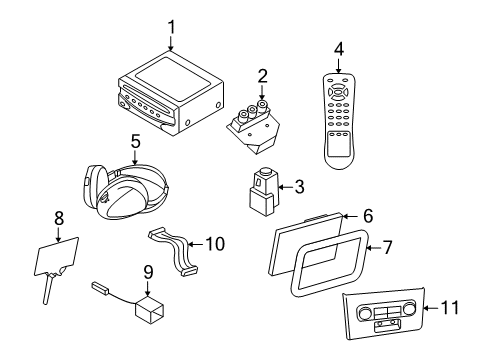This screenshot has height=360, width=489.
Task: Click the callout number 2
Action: point(262,75)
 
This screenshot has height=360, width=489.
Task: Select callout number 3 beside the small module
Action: point(297,186)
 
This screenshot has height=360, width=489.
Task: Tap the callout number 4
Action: point(340,50)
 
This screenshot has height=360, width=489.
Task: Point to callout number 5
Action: point(134,141)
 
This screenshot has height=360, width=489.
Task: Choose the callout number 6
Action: point(367,215)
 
